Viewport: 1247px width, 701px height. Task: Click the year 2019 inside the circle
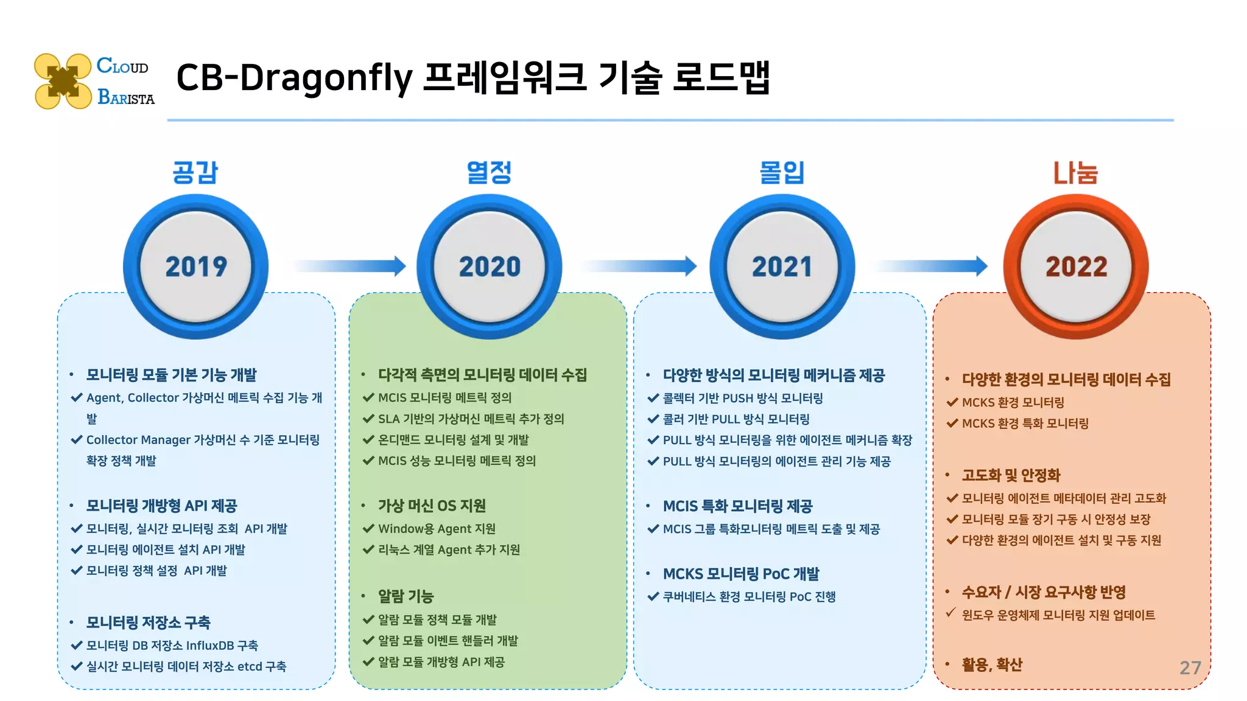click(196, 267)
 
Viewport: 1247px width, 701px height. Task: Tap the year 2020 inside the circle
click(490, 267)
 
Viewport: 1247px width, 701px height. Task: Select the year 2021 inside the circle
click(782, 267)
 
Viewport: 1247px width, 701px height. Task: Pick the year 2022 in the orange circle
click(1076, 267)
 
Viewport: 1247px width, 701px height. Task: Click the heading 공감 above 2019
click(195, 172)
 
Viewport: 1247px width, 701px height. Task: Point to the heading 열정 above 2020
click(489, 172)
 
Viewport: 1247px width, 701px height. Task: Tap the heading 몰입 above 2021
click(782, 172)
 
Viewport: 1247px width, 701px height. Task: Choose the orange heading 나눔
click(1075, 173)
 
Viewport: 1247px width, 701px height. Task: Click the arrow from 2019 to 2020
click(350, 266)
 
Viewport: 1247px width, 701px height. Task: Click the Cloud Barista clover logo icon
click(63, 82)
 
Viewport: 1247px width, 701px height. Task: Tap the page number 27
click(1190, 668)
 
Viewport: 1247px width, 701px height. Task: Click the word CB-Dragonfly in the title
click(294, 78)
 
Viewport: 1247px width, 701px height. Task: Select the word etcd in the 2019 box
click(250, 667)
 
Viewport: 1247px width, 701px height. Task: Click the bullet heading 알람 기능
click(406, 596)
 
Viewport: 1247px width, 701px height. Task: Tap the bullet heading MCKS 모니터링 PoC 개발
click(740, 574)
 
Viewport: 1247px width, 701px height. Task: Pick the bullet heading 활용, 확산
click(991, 664)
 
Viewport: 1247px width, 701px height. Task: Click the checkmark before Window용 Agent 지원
click(368, 529)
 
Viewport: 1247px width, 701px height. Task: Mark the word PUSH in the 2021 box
click(737, 399)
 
